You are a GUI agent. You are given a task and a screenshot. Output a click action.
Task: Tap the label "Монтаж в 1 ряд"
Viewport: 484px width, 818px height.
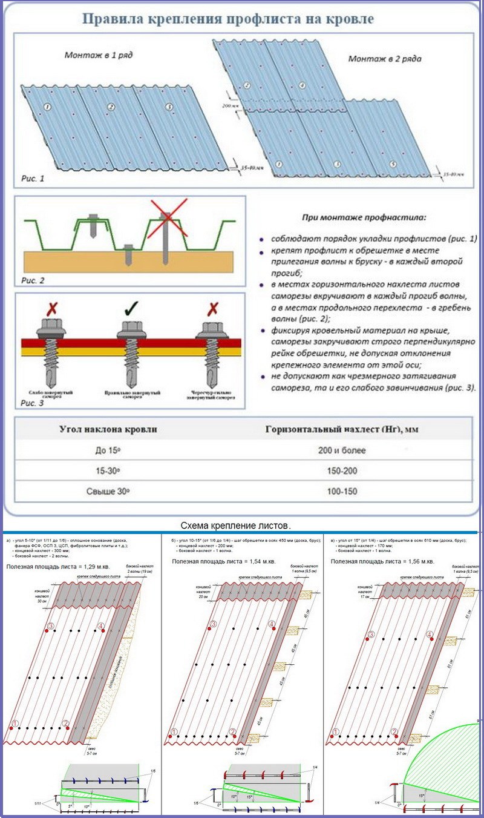tap(99, 55)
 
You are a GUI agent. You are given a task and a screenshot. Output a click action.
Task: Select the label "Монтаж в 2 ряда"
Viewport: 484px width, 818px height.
tap(385, 59)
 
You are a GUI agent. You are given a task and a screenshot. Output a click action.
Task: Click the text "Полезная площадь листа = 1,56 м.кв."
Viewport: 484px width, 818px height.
tap(383, 561)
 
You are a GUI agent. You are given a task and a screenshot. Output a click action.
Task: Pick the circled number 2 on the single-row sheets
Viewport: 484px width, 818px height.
tap(111, 107)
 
